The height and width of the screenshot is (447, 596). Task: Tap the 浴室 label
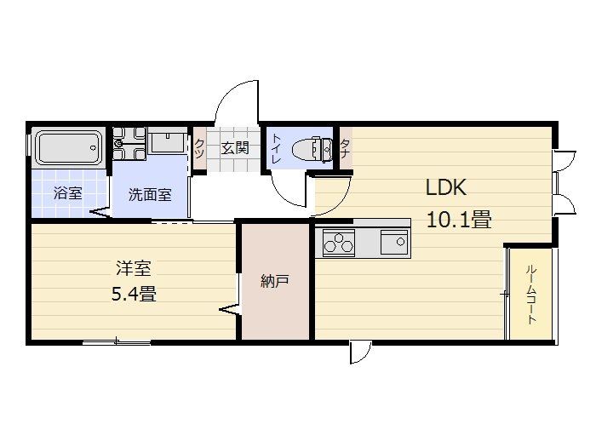[x=68, y=193]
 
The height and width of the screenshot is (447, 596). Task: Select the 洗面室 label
[x=149, y=193]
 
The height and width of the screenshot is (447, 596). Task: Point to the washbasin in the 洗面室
[x=167, y=142]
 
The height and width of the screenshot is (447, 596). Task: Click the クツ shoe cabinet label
[x=199, y=148]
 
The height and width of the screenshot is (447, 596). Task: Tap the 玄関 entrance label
[x=235, y=147]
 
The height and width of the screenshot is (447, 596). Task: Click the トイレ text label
[x=277, y=148]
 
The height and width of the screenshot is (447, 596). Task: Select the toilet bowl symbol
[x=312, y=150]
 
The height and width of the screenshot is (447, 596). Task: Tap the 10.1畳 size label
[x=458, y=220]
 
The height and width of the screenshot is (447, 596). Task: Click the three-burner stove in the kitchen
[x=339, y=244]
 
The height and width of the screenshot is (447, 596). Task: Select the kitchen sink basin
[x=394, y=244]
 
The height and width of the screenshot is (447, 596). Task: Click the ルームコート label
[x=531, y=294]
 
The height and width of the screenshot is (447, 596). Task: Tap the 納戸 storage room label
[x=274, y=280]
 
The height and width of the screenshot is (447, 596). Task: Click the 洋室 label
[x=134, y=269]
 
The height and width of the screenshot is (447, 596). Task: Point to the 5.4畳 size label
[x=134, y=295]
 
